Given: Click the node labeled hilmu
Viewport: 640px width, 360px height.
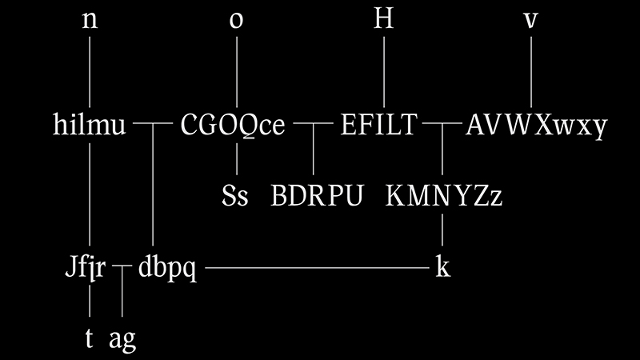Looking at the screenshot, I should (90, 126).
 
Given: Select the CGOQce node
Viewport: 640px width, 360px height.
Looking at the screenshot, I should (233, 126).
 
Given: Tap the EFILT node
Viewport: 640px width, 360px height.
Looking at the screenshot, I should (379, 126).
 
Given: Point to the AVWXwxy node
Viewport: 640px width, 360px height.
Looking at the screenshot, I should (536, 126).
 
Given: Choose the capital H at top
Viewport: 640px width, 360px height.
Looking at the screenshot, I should (385, 21).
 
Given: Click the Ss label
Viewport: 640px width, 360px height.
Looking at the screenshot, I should (235, 196).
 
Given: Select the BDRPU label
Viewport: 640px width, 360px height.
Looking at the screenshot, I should (318, 196).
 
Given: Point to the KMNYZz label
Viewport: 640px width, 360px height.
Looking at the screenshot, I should (444, 196).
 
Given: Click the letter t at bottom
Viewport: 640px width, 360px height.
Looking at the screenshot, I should (90, 339).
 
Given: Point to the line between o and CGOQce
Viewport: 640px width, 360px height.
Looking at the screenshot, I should (237, 72).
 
